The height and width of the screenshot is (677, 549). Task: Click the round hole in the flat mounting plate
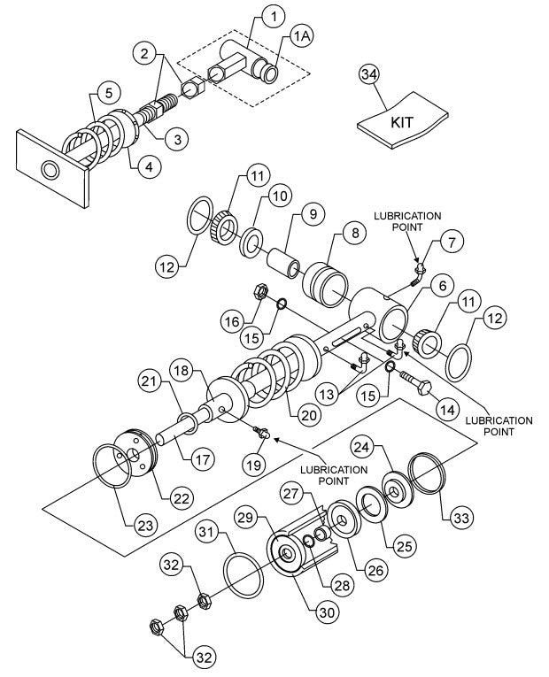coord(47,168)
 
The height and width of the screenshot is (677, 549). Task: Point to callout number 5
coord(107,91)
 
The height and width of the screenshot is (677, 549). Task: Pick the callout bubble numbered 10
coord(281,194)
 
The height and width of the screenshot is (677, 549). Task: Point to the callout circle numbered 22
coord(182,498)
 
